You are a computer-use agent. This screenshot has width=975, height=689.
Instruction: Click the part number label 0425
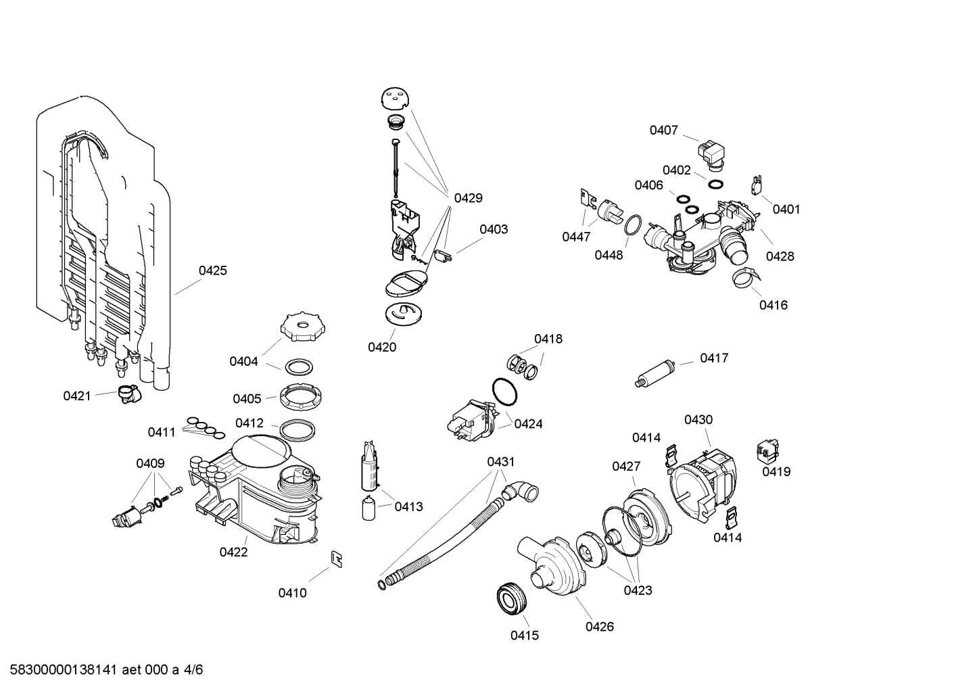pyautogui.click(x=212, y=270)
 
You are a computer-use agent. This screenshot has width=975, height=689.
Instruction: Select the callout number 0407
pyautogui.click(x=663, y=130)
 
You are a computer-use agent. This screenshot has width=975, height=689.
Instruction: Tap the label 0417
pyautogui.click(x=714, y=358)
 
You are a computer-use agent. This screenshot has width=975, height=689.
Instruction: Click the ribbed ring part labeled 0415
pyautogui.click(x=511, y=600)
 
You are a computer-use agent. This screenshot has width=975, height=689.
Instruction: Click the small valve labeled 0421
pyautogui.click(x=127, y=394)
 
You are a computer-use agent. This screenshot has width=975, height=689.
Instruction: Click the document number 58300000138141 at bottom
pyautogui.click(x=60, y=670)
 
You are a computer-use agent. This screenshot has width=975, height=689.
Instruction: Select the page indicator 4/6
pyautogui.click(x=193, y=670)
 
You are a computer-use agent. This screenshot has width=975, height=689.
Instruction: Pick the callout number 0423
pyautogui.click(x=637, y=590)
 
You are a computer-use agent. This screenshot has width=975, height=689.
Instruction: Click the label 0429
pyautogui.click(x=468, y=198)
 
